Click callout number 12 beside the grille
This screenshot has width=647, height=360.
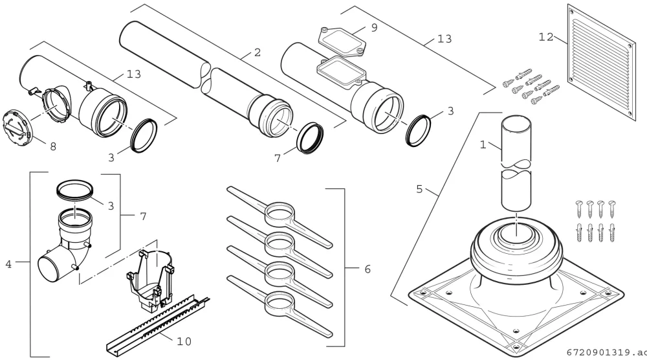[545, 37]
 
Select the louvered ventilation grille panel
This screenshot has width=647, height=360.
[602, 63]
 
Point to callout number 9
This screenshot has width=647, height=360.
[374, 28]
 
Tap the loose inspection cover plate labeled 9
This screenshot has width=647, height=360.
[342, 40]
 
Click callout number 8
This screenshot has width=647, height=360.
[53, 146]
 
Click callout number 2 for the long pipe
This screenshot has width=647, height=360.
[258, 52]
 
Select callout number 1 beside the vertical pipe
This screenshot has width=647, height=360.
[483, 144]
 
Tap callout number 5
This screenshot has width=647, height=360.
[419, 189]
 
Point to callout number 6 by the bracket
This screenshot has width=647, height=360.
[367, 269]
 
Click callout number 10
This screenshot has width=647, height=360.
[184, 341]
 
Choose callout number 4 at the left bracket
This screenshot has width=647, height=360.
[8, 264]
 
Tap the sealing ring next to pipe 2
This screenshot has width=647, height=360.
[310, 138]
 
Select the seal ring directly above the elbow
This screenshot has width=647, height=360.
[74, 190]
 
